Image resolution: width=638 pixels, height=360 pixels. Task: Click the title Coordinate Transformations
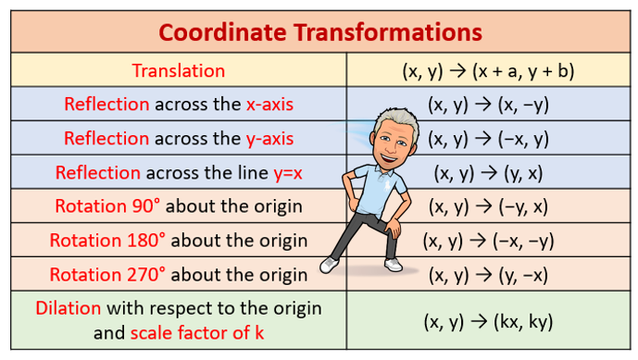click(319, 31)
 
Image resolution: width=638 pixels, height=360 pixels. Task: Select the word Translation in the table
click(179, 70)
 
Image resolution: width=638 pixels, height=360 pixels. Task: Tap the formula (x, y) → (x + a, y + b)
click(489, 70)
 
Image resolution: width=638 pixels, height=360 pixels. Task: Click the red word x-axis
click(269, 105)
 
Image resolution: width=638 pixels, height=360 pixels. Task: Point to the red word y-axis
click(269, 139)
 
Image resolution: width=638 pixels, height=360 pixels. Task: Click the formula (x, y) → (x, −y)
click(489, 105)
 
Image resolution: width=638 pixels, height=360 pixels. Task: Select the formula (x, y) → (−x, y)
click(489, 139)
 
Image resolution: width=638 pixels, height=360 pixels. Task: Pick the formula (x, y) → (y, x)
click(489, 173)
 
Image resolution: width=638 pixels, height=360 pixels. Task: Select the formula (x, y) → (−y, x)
click(489, 206)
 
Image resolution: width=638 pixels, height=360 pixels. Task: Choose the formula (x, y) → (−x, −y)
click(489, 241)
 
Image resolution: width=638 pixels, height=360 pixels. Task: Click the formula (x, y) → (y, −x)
click(489, 275)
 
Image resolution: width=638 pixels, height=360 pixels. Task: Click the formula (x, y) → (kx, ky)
click(489, 321)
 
